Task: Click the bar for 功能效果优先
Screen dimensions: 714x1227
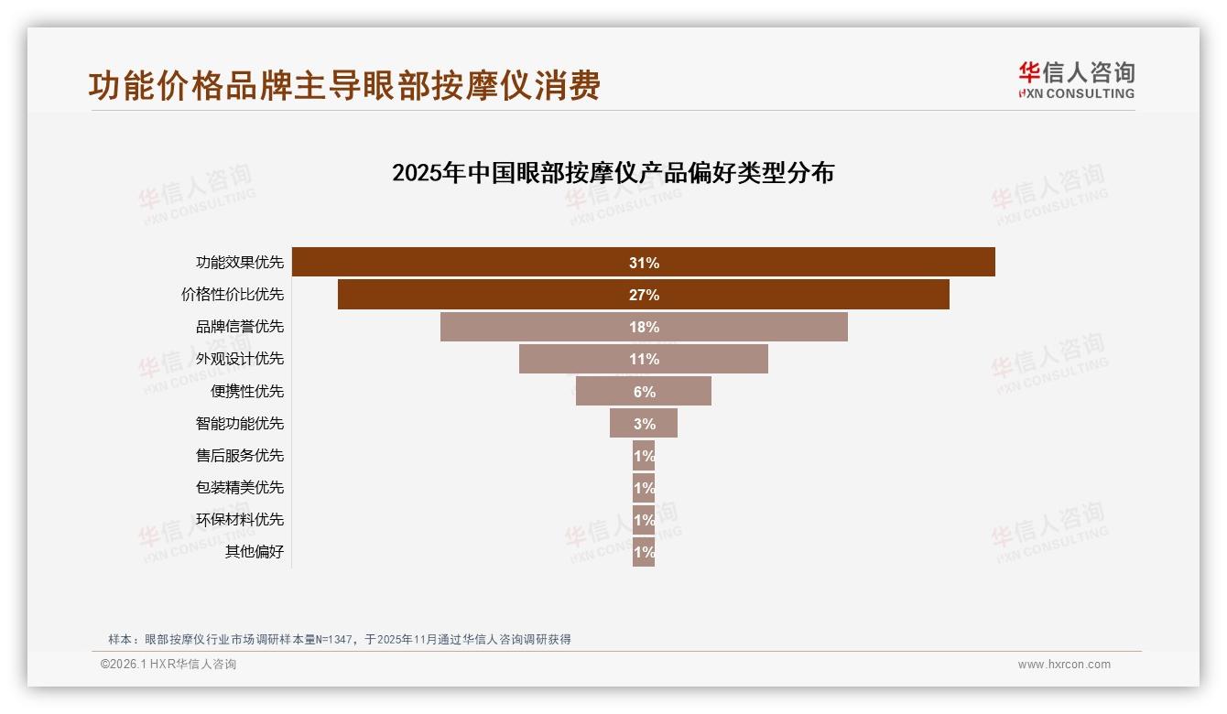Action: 458,263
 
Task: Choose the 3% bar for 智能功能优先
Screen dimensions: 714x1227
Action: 623,423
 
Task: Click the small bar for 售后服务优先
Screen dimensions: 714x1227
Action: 644,456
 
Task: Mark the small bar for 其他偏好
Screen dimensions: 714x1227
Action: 644,552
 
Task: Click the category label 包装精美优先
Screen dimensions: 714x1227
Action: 240,488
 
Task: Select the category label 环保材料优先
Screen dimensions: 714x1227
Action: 240,520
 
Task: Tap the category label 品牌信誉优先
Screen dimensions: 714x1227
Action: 240,327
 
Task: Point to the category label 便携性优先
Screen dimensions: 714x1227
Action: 247,392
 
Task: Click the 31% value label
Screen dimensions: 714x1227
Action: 644,263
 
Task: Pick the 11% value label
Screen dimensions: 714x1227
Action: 644,359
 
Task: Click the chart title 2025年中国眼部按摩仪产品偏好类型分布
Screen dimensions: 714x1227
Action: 613,173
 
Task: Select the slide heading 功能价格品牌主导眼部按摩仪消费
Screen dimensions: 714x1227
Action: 344,86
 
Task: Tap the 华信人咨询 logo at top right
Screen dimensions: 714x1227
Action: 1076,80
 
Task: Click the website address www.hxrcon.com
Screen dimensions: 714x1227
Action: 1064,665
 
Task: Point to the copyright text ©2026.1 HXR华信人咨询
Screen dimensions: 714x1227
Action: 168,665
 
